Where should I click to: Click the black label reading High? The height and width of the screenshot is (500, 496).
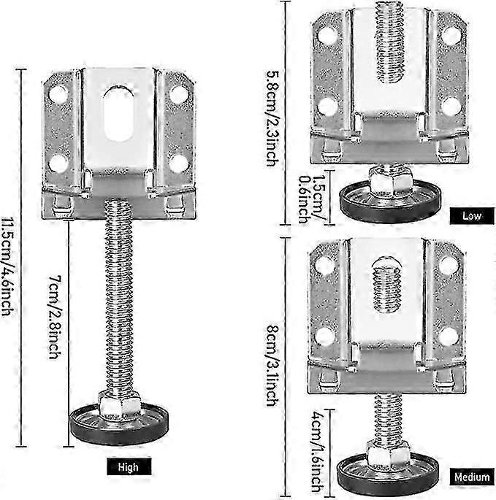coord(129,466)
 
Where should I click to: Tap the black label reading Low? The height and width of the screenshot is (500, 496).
coord(472,216)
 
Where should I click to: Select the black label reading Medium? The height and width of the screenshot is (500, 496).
coord(472,477)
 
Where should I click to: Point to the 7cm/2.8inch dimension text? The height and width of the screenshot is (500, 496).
coord(55,317)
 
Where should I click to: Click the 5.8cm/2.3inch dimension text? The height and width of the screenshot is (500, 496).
coord(273,119)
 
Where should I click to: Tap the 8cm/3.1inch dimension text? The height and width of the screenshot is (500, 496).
coord(273,366)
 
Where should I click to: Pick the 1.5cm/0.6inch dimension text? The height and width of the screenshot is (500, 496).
coord(311,199)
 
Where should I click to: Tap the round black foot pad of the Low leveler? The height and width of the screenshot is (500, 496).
coord(390,201)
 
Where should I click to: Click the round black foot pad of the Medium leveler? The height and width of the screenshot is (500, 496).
coord(387,474)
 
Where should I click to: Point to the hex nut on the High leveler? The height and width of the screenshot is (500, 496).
coord(119,404)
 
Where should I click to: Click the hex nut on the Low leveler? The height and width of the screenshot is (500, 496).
coord(391,180)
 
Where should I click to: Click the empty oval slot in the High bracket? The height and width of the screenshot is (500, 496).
coord(119,114)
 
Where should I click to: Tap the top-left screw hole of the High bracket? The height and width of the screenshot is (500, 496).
coord(58,94)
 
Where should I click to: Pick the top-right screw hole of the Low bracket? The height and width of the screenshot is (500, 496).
coord(450,35)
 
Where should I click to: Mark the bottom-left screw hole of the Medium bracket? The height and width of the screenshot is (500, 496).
coord(324,336)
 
